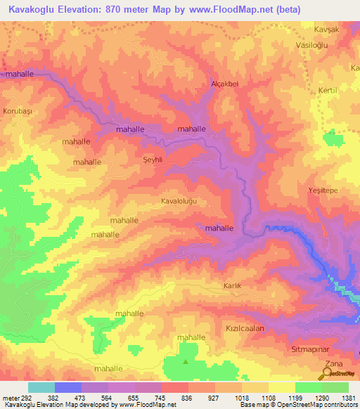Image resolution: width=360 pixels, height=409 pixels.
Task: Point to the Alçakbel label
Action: click(x=226, y=84)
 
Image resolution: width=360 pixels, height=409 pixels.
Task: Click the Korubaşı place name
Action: click(x=18, y=112)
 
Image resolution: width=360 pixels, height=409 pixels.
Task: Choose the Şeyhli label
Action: click(x=153, y=160)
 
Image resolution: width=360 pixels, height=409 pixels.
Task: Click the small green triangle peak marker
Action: click(x=186, y=362)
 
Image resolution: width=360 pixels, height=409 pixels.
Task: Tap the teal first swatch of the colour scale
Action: click(x=41, y=387)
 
